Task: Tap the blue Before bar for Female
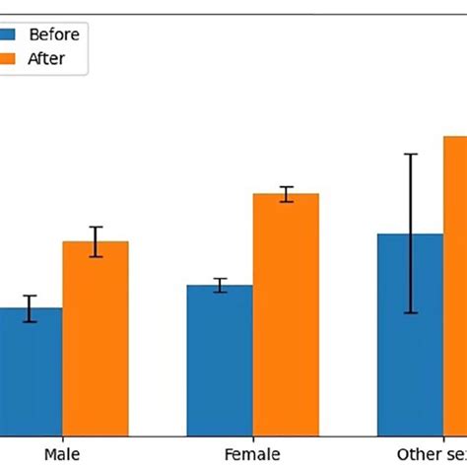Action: click(220, 360)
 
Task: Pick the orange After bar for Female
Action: click(286, 314)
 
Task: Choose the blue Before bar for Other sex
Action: click(410, 335)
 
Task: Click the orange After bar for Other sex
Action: click(454, 286)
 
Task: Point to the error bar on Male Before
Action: click(31, 308)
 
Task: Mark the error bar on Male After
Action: click(96, 241)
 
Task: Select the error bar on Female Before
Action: click(221, 286)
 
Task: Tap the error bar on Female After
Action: click(286, 194)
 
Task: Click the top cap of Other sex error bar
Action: click(411, 155)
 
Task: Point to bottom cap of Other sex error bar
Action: click(411, 313)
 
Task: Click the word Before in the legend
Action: click(54, 34)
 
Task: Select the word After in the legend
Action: click(47, 58)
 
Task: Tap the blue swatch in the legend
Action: click(8, 34)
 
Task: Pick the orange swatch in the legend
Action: click(8, 58)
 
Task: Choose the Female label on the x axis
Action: click(252, 453)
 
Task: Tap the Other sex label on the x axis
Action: click(434, 453)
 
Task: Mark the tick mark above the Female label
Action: click(253, 438)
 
